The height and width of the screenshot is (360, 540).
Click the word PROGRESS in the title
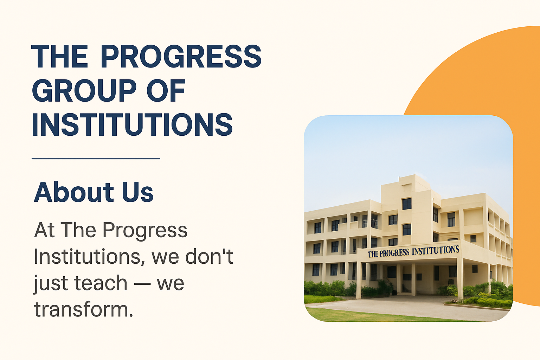tap(181, 56)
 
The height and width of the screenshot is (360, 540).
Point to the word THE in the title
tap(59, 56)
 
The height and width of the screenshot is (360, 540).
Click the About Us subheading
tap(94, 192)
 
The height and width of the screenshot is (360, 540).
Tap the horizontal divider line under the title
tap(96, 159)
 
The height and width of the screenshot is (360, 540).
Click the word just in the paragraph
tap(51, 284)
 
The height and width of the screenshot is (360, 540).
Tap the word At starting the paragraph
tap(44, 230)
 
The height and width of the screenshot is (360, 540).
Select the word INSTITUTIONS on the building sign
tap(436, 251)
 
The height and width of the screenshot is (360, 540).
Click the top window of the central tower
tap(407, 204)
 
